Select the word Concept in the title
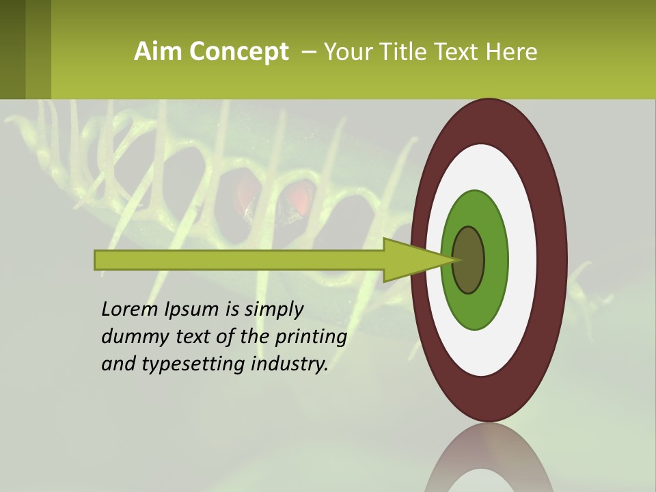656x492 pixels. coord(238,53)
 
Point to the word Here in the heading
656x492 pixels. coord(512,52)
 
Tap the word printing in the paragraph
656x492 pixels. coord(311,338)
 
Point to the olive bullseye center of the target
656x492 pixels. coord(469,260)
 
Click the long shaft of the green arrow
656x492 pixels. coord(239,260)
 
